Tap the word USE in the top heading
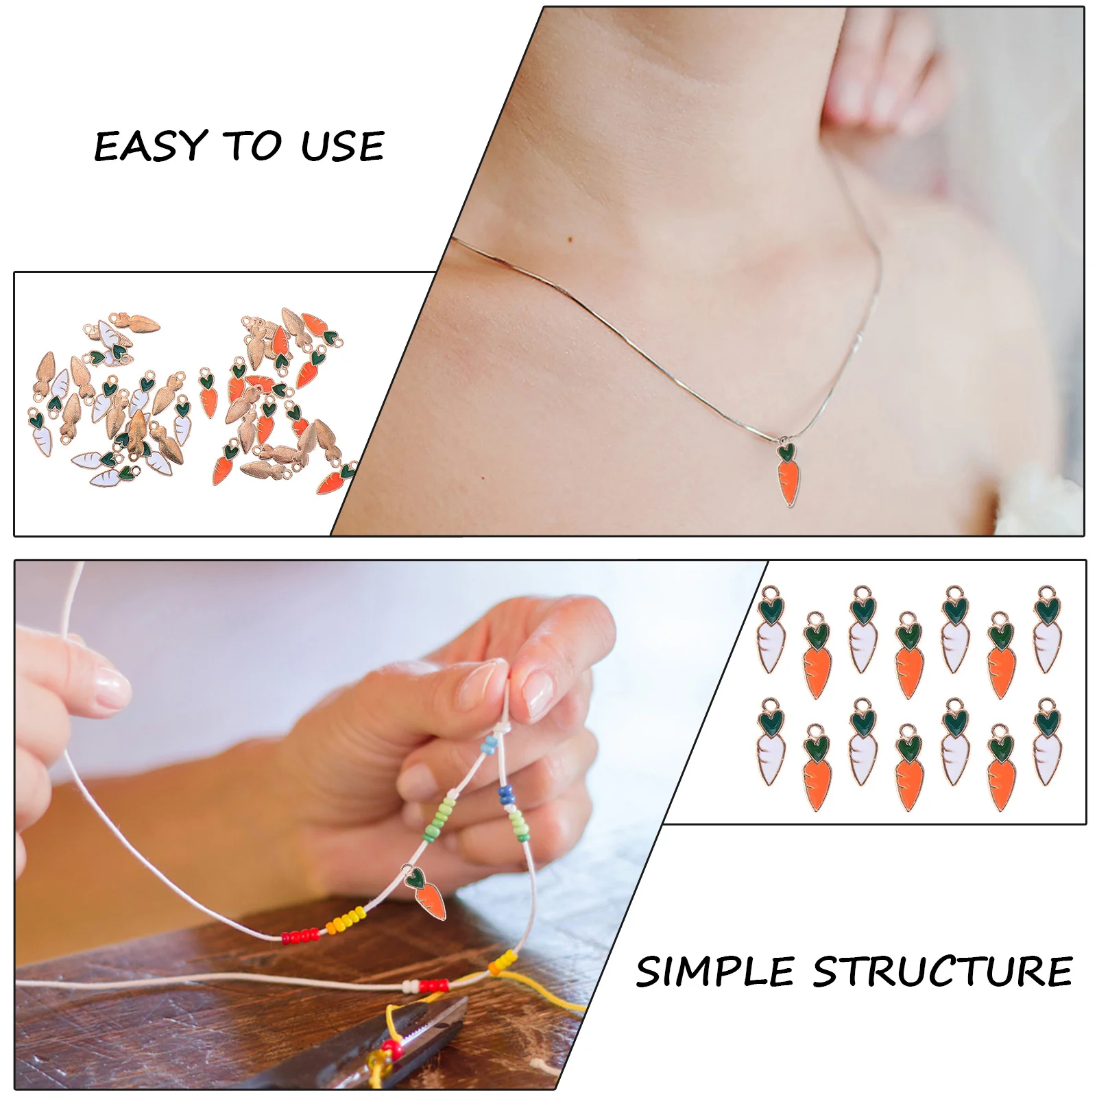click(x=342, y=146)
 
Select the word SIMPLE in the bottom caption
click(x=715, y=972)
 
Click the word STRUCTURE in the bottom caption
click(x=943, y=972)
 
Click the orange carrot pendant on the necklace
click(x=788, y=480)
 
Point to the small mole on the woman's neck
click(x=571, y=239)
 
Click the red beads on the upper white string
click(x=300, y=935)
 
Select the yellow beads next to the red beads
click(x=346, y=920)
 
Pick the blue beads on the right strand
click(x=506, y=795)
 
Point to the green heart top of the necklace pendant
click(x=786, y=452)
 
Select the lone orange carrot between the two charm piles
click(x=208, y=393)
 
